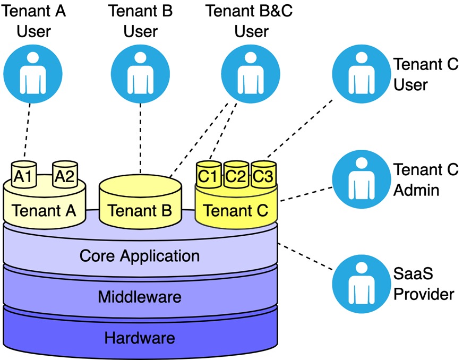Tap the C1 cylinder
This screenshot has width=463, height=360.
[x=210, y=176]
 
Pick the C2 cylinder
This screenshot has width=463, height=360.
[x=237, y=176]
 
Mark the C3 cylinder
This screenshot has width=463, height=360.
[x=264, y=176]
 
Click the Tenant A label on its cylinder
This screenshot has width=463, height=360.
[x=44, y=210]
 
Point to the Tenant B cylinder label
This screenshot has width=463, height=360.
[x=140, y=210]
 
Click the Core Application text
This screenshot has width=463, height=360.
[x=140, y=256]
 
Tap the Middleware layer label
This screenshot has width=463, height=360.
[x=140, y=296]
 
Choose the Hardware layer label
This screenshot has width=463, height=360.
[x=140, y=337]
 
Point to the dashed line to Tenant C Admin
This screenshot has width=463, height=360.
[x=305, y=192]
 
